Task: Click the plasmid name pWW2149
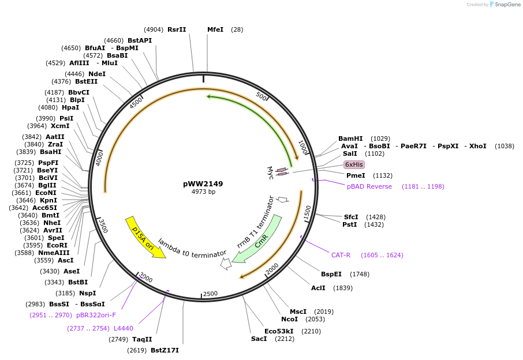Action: pos(203,184)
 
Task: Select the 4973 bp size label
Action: pos(203,192)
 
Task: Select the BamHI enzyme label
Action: pos(350,138)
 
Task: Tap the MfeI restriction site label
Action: pos(215,29)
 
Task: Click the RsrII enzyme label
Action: pos(177,29)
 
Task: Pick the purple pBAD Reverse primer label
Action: pos(369,186)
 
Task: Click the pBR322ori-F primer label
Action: pos(96,315)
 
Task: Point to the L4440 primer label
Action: pos(123,328)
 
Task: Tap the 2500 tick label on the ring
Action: pos(210,294)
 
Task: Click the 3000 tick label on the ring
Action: pos(145,279)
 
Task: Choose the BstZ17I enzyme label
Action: pos(165,350)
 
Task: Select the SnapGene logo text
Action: pos(507,5)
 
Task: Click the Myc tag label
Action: pos(270,172)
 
